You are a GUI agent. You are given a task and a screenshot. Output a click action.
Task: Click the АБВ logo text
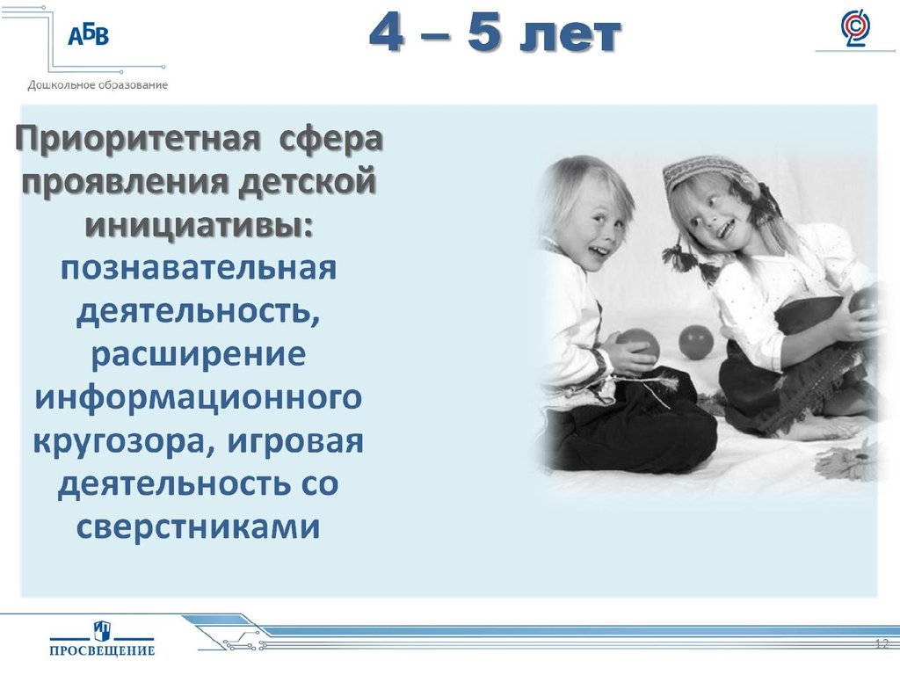(x=88, y=35)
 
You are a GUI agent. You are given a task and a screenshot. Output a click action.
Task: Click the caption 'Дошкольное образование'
(x=98, y=85)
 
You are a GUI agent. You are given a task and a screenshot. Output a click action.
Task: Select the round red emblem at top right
(x=854, y=28)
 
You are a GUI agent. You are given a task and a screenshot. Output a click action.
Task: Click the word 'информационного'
(x=198, y=396)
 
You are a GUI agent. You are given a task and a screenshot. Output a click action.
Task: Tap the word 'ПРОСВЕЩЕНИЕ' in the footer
(x=102, y=650)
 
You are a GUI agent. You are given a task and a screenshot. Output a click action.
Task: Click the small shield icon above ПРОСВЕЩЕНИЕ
(x=102, y=629)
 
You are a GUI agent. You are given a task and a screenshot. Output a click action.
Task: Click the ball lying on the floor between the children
(x=696, y=342)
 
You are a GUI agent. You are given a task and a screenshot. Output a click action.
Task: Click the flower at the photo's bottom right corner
(x=851, y=461)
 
